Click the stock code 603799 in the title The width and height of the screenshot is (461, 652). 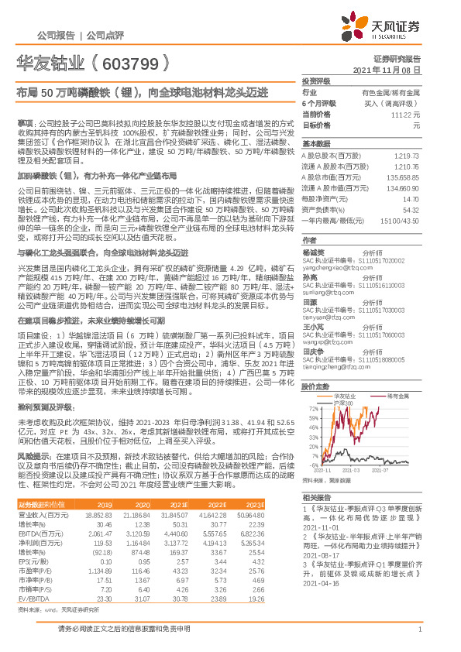[x=131, y=63]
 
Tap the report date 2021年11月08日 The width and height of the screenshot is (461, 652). [x=392, y=70]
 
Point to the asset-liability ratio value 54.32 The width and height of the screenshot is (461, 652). [x=411, y=209]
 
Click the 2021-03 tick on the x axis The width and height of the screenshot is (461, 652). [x=353, y=470]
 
